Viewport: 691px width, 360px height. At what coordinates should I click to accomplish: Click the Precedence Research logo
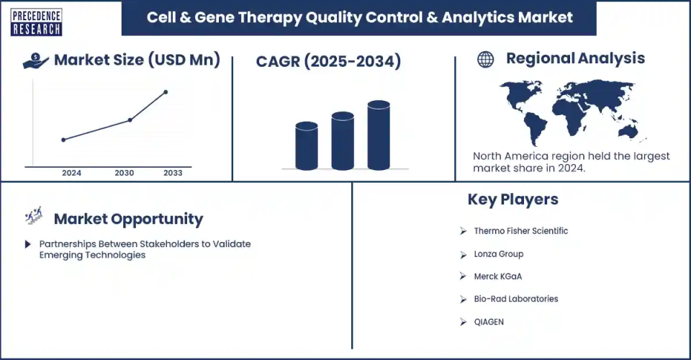coord(36,22)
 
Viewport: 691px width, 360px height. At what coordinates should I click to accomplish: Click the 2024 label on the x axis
coord(71,174)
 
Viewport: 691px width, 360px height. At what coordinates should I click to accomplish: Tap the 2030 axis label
coord(125,174)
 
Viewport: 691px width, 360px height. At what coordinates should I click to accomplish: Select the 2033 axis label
coord(173,174)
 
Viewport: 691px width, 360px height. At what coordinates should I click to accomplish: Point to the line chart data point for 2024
coord(63,140)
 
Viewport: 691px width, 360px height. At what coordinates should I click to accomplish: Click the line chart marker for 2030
coord(130,120)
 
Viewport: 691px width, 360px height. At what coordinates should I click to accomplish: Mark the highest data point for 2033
coord(166,92)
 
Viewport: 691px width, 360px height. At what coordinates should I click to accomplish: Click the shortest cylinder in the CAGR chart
coord(307,146)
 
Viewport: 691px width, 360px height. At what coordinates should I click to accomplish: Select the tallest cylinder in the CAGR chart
coord(379,135)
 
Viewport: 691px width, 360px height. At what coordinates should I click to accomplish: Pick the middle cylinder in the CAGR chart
coord(343,141)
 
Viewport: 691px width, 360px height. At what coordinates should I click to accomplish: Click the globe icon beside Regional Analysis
coord(486,60)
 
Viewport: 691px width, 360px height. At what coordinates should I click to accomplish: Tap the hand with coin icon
coord(35,61)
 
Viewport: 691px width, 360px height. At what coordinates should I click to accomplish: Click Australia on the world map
coord(628,130)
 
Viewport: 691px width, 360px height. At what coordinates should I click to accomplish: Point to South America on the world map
coord(533,127)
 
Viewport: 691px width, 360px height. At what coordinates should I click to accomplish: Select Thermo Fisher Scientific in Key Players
coord(521,231)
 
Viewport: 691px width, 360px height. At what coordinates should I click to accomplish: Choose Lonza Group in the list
coord(499,254)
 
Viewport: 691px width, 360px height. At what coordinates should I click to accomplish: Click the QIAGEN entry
coord(489,322)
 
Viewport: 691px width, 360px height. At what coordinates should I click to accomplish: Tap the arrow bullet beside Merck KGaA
coord(463,276)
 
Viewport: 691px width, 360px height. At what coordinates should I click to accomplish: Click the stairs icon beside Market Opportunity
coord(34,215)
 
